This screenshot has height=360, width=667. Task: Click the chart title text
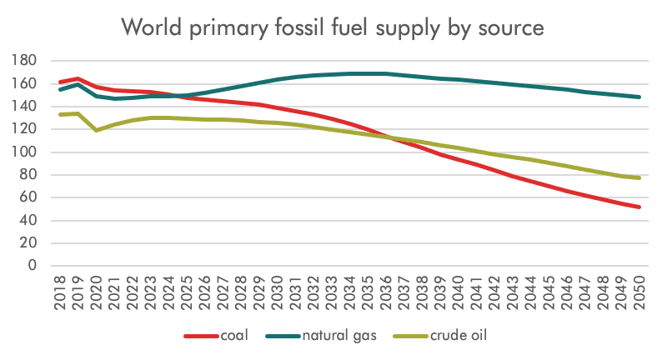(x=333, y=28)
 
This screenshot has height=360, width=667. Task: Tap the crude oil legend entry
(x=457, y=336)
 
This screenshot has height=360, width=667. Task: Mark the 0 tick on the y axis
(x=32, y=266)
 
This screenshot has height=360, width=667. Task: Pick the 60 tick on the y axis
(x=25, y=197)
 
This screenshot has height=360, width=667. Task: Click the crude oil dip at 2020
(x=98, y=130)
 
